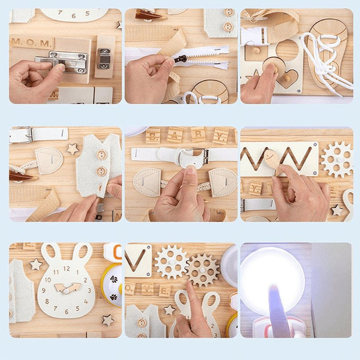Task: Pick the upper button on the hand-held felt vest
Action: pyautogui.click(x=102, y=155)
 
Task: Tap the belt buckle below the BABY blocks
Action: pyautogui.click(x=196, y=155)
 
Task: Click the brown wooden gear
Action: pyautogui.click(x=202, y=269)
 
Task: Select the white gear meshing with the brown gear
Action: pyautogui.click(x=171, y=262)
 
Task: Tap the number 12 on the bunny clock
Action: pyautogui.click(x=66, y=268)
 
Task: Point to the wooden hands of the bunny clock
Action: pyautogui.click(x=67, y=289)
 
